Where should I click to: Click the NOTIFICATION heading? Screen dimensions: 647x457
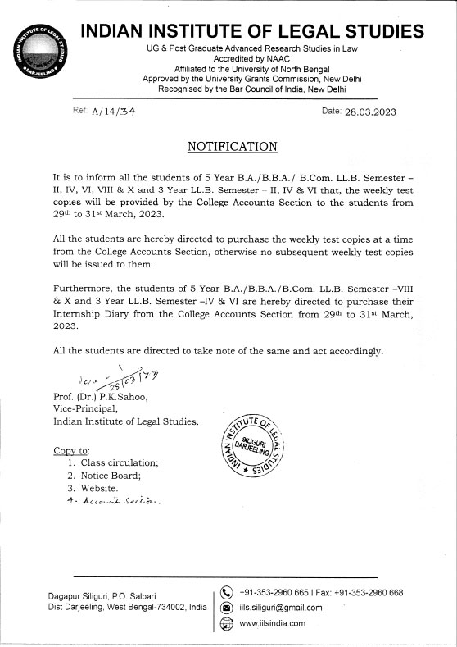pyautogui.click(x=233, y=147)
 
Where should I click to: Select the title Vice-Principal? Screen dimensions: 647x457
pyautogui.click(x=86, y=410)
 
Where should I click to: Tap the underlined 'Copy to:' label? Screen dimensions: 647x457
pyautogui.click(x=71, y=450)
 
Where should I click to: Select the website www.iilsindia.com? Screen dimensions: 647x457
pyautogui.click(x=272, y=623)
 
